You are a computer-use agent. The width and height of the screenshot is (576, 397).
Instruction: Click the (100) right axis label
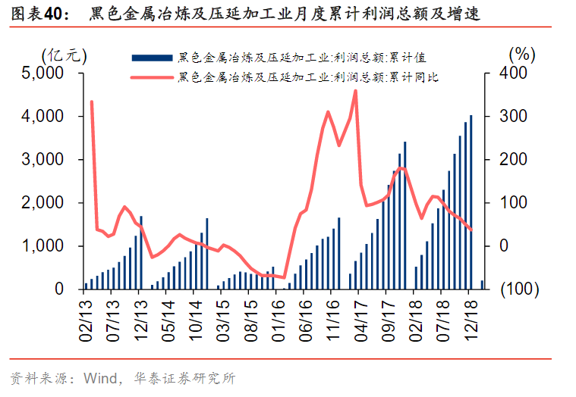click(520, 289)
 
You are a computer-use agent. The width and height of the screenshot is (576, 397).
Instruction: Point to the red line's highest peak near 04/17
click(355, 92)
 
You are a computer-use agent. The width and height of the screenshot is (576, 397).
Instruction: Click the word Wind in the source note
click(100, 377)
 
